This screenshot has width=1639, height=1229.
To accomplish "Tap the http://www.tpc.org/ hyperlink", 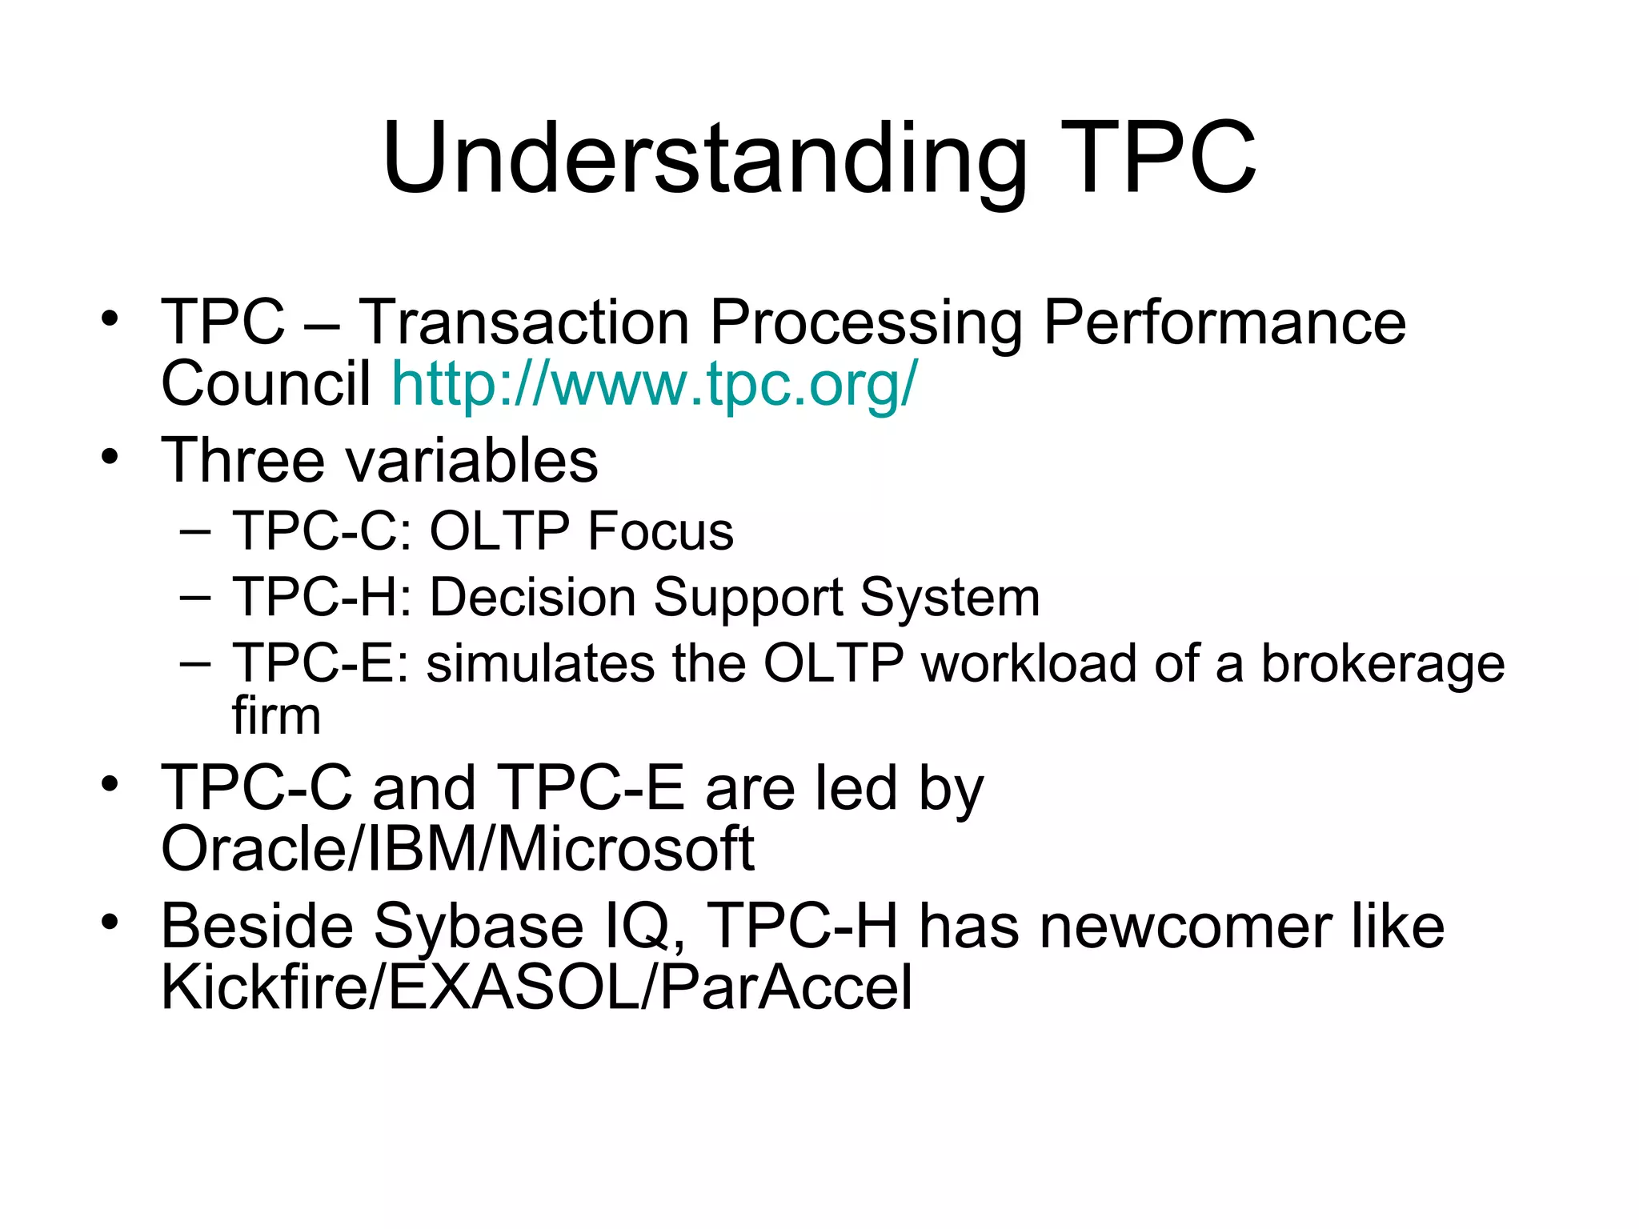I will (654, 384).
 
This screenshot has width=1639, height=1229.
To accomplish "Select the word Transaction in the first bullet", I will (523, 322).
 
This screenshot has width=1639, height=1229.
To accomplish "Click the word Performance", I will (1224, 322).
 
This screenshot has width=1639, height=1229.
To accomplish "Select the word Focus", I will (660, 531).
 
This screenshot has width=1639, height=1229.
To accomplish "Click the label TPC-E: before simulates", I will (320, 664).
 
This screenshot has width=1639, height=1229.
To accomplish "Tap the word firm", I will (276, 715).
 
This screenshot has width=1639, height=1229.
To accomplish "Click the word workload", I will (1028, 664).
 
